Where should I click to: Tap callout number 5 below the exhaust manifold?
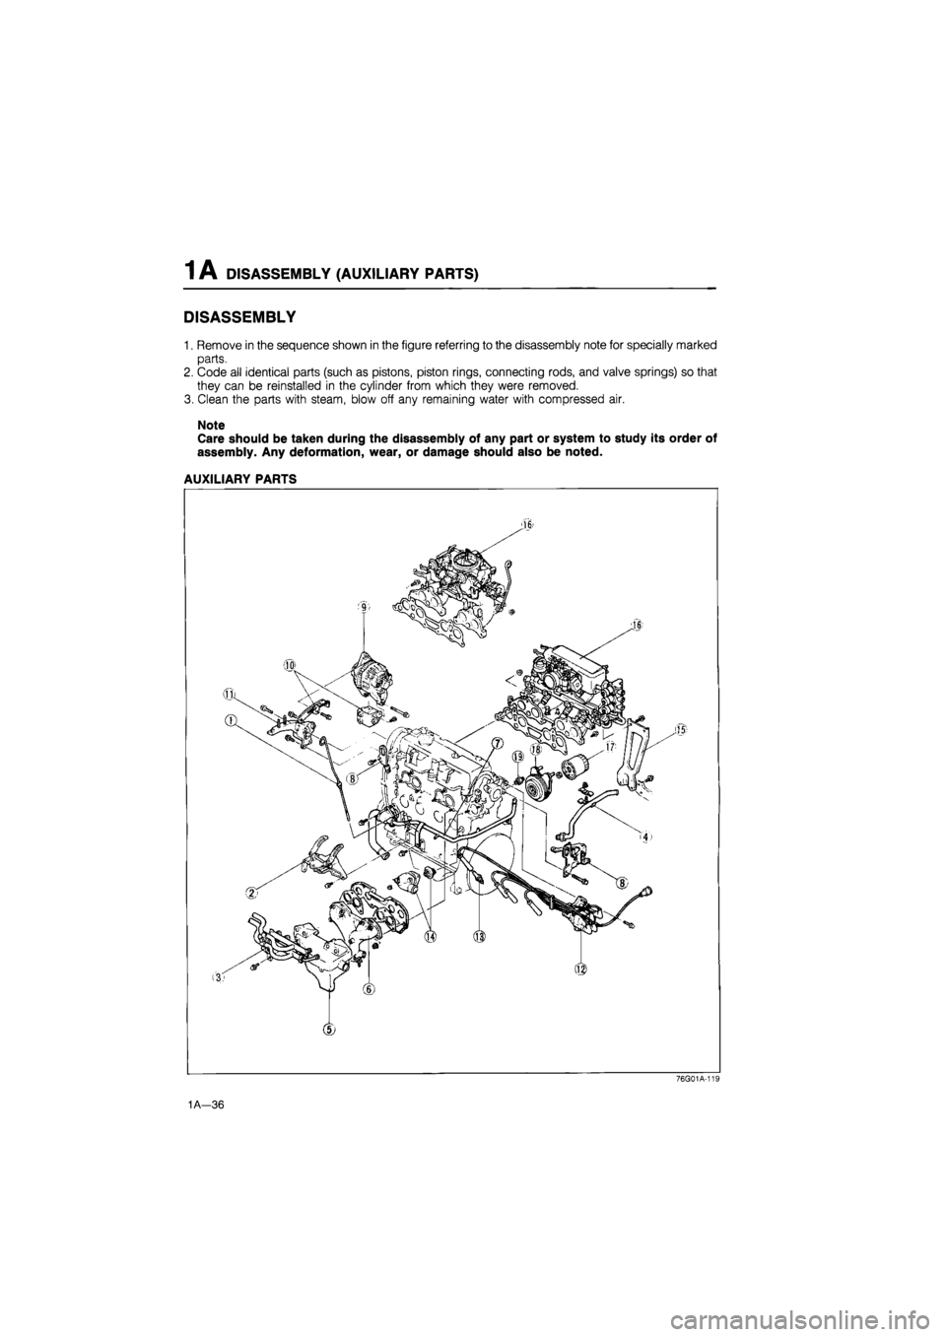click(x=329, y=1029)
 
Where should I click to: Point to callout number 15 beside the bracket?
click(x=681, y=729)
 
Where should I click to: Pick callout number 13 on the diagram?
click(x=479, y=936)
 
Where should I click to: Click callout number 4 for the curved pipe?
click(x=645, y=837)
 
